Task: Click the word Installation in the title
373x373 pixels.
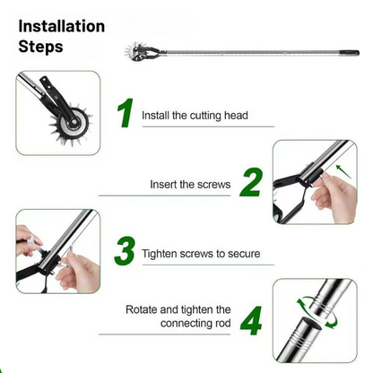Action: pos(62,26)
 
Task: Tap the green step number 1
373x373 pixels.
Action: pos(126,114)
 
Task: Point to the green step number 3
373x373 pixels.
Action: pos(126,250)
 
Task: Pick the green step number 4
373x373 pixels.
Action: pos(250,319)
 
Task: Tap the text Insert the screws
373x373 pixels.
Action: pos(190,186)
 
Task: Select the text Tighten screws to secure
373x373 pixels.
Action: pos(201,254)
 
